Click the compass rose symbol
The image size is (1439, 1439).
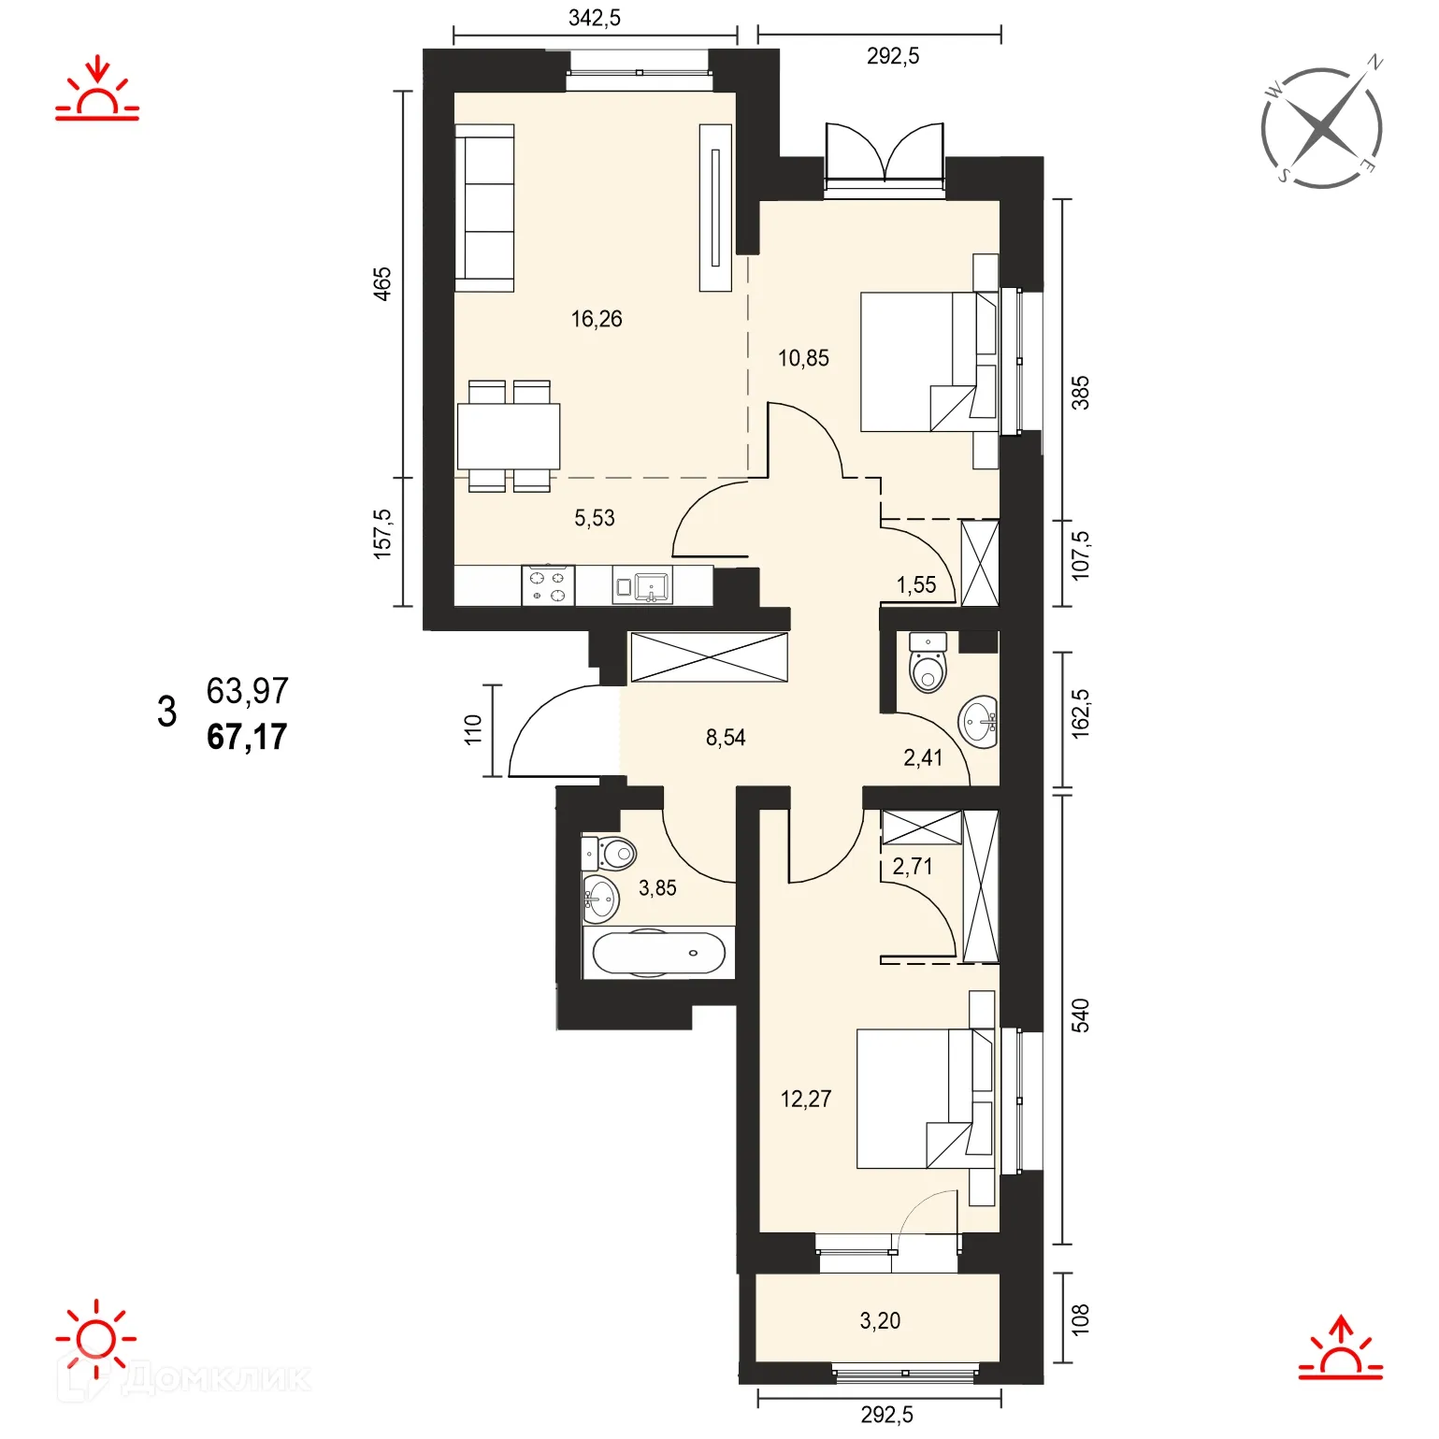click(1321, 128)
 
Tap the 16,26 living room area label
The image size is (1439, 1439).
click(597, 319)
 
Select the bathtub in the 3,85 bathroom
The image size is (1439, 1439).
click(658, 954)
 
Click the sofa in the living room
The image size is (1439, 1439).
click(484, 209)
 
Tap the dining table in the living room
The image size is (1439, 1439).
click(509, 437)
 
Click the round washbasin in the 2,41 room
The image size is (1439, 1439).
click(979, 722)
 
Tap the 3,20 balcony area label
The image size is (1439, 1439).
click(880, 1320)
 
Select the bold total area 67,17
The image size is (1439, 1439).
click(247, 737)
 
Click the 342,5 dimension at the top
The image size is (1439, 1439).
click(595, 18)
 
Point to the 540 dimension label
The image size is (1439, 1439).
click(1080, 1015)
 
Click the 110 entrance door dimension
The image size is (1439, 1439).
click(473, 729)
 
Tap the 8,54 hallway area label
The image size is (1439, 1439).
click(726, 738)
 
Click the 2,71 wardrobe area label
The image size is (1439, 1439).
click(913, 867)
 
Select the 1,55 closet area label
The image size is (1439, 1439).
click(916, 585)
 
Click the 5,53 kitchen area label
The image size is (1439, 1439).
click(595, 518)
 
